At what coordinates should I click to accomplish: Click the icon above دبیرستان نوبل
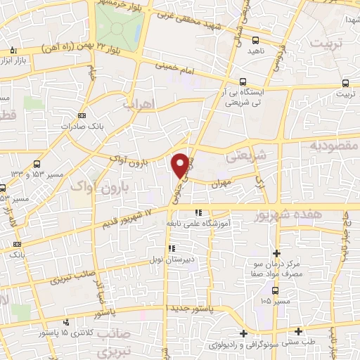(x=172, y=247)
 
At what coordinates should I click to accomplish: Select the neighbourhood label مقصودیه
(x=334, y=145)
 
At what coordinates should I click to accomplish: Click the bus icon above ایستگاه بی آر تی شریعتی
(x=243, y=82)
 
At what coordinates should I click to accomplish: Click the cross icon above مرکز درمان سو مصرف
(x=276, y=252)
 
